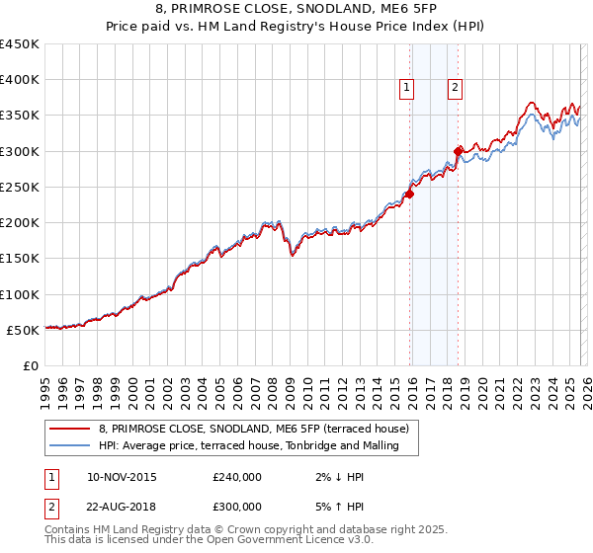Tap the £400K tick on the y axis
pyautogui.click(x=20, y=80)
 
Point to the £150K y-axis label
pyautogui.click(x=20, y=259)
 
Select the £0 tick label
pyautogui.click(x=30, y=365)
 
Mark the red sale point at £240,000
pyautogui.click(x=409, y=195)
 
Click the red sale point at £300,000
pyautogui.click(x=458, y=151)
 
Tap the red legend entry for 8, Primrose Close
pyautogui.click(x=260, y=429)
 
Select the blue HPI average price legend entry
pyautogui.click(x=248, y=446)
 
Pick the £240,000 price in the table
pyautogui.click(x=237, y=477)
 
